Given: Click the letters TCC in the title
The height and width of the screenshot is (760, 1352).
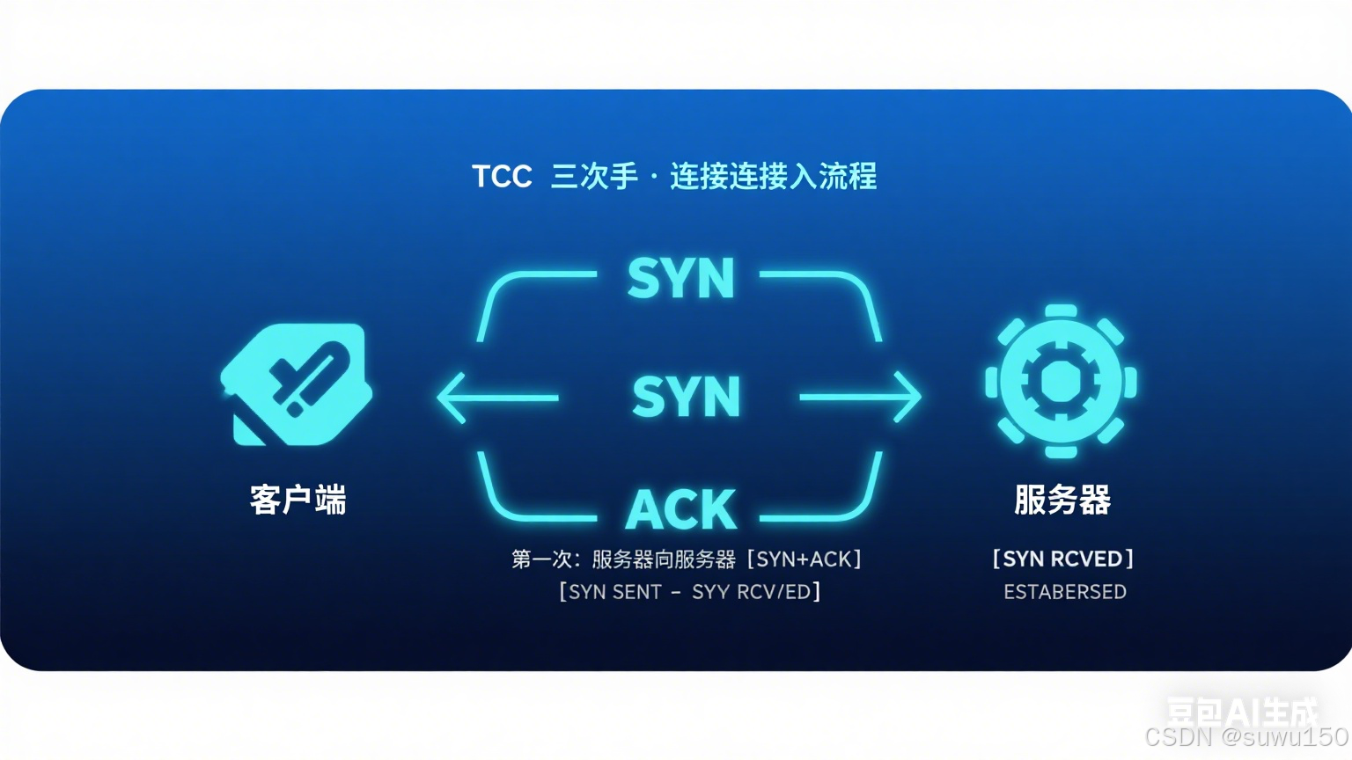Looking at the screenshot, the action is pyautogui.click(x=502, y=177).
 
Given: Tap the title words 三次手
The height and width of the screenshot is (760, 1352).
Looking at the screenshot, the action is pyautogui.click(x=594, y=177).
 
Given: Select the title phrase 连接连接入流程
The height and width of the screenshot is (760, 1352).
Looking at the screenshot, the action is pyautogui.click(x=773, y=177).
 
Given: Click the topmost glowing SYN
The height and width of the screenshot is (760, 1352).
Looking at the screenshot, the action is pyautogui.click(x=680, y=279).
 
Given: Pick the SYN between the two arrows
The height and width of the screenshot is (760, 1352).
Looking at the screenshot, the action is pyautogui.click(x=686, y=397).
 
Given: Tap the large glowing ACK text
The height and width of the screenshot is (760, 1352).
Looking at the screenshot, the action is pyautogui.click(x=680, y=509).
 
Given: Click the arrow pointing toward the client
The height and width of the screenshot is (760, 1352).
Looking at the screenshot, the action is pyautogui.click(x=497, y=398).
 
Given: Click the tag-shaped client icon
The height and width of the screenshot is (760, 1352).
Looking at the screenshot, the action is pyautogui.click(x=297, y=384).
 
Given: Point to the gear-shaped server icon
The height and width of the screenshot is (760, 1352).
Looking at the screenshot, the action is pyautogui.click(x=1061, y=382).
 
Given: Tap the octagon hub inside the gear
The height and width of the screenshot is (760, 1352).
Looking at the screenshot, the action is pyautogui.click(x=1061, y=382).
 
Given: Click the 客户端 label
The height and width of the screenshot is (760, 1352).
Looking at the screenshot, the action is pyautogui.click(x=298, y=500).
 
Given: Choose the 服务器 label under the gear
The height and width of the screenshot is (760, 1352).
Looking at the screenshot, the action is pyautogui.click(x=1062, y=500).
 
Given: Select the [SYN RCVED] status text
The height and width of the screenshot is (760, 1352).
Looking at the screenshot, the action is pyautogui.click(x=1062, y=559).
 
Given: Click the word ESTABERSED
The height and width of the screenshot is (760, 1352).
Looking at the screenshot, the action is pyautogui.click(x=1065, y=592).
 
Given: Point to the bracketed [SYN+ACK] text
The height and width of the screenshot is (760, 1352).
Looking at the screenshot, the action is pyautogui.click(x=804, y=559).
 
